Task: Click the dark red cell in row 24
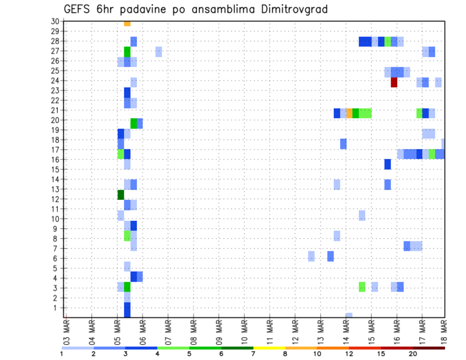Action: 394,82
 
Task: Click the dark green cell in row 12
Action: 121,195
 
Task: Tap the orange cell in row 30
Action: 127,23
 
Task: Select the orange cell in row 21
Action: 349,113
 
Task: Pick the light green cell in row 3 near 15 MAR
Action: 362,287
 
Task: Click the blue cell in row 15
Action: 387,164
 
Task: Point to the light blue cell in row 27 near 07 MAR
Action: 159,51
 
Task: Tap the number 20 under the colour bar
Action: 413,354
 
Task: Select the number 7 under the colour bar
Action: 253,354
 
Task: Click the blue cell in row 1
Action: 127,309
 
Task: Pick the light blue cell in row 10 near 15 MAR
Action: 362,215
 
